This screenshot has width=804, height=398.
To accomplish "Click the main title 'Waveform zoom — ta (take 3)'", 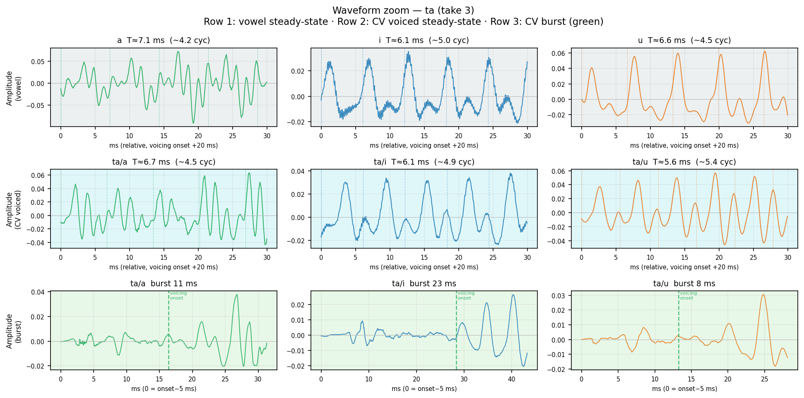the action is coord(403,10).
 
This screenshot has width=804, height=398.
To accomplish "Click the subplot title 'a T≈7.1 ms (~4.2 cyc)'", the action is coord(164,41).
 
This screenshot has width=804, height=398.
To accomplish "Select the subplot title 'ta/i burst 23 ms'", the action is coord(424,284).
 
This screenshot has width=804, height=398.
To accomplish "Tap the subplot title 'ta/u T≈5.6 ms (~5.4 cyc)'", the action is coord(684,162).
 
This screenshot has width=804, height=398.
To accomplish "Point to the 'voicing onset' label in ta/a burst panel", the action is coord(178,295).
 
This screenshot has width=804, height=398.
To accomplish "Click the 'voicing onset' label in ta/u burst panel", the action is coord(688,295).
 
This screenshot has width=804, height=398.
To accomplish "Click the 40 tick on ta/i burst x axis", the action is coord(512,379).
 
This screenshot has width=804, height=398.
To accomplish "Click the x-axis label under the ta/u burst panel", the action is coord(684,389).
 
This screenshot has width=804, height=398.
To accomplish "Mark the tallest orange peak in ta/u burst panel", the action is coord(763,295).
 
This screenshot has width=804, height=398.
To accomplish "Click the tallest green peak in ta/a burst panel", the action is coord(237,295).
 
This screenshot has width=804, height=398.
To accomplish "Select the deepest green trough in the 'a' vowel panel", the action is coord(193,123).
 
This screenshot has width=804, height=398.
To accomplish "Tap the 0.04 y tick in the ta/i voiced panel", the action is coord(300,171).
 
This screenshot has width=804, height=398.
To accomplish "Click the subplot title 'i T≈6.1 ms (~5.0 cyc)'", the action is coord(424,41).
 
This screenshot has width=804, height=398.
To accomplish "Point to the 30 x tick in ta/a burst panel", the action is coord(258,379).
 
